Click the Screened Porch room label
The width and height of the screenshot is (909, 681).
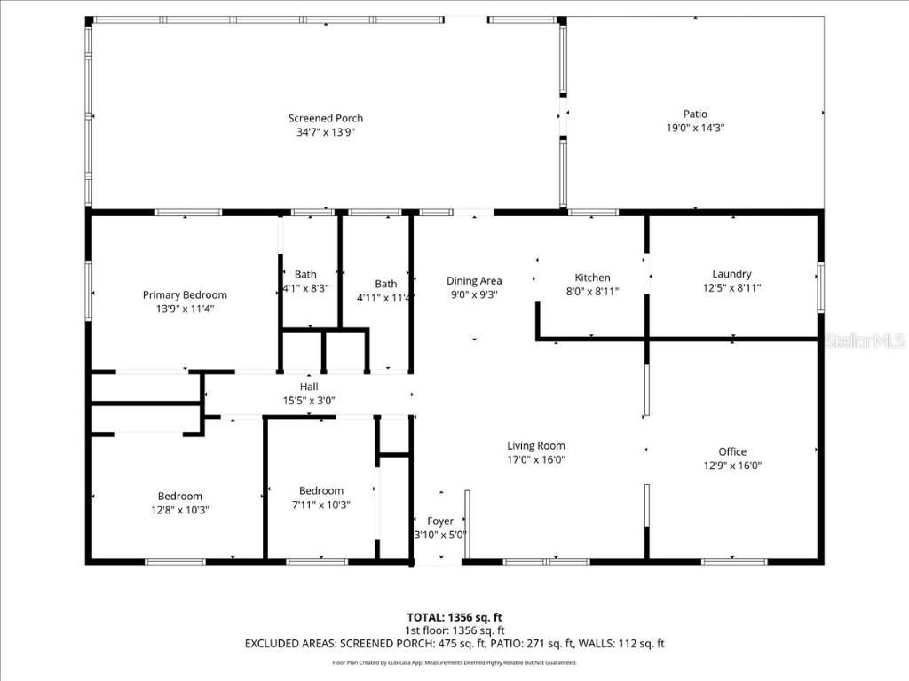325,118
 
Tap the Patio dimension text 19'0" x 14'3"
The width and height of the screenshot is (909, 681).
695,128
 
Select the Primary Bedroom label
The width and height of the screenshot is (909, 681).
185,295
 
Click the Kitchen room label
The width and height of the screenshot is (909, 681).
592,278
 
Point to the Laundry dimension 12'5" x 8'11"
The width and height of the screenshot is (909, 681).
731,287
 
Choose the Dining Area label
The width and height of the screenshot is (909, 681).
473,281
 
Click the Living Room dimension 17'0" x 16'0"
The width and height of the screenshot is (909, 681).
535,459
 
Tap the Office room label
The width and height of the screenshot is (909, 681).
732,451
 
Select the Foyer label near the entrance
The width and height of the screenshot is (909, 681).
440,521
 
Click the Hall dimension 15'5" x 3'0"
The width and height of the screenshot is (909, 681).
308,400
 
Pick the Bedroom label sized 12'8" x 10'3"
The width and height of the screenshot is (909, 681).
180,497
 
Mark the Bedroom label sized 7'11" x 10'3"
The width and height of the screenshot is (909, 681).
320,491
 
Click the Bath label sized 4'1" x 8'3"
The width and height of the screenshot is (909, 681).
305,275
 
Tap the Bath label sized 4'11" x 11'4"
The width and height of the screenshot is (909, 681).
385,285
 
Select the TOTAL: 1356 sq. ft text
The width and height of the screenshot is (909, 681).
454,617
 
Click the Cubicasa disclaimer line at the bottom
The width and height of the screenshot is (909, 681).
454,662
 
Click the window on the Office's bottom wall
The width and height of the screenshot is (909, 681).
734,560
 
